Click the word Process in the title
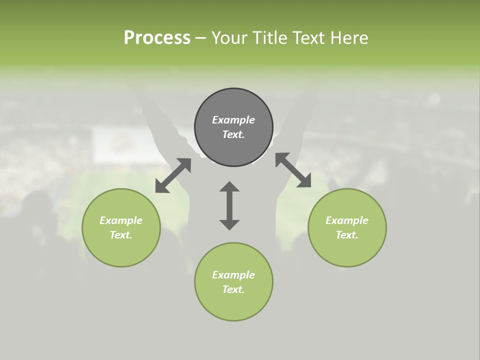point(157,37)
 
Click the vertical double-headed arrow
point(229,205)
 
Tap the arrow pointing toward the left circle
point(173,175)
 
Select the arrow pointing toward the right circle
point(293,170)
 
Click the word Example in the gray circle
point(233,120)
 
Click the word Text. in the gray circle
point(233,134)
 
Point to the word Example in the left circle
point(121,220)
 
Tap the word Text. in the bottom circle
point(233,289)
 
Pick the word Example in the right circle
point(347,220)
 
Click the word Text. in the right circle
point(347,235)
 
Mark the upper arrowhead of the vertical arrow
point(229,187)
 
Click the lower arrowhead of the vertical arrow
point(229,224)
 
